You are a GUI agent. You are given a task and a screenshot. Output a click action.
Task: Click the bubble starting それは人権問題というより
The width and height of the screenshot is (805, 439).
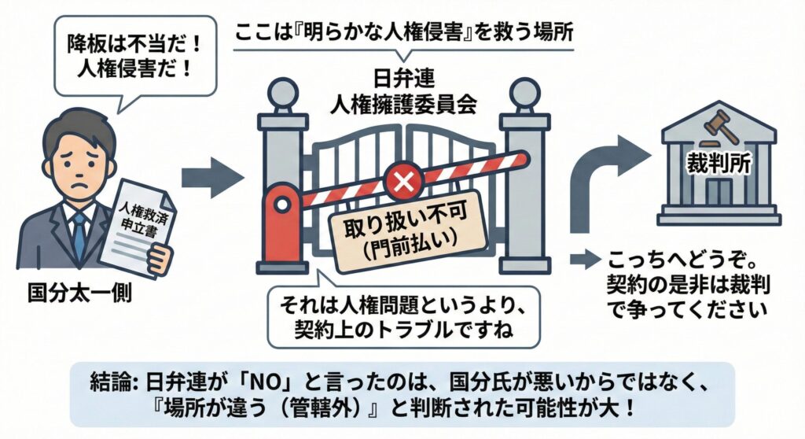(402, 315)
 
